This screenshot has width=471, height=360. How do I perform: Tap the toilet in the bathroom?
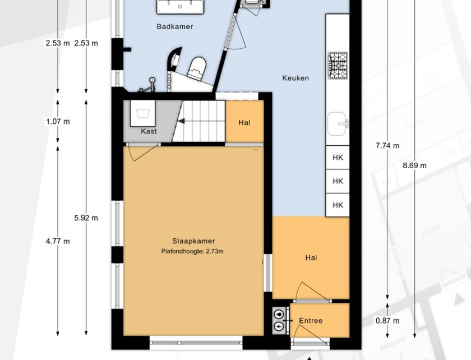[x=197, y=68]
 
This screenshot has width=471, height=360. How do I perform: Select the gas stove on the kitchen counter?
[x=338, y=66]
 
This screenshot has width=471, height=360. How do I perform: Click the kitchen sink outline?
[x=338, y=124]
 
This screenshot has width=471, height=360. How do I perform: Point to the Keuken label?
[x=295, y=78]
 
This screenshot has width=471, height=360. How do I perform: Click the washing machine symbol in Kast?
[x=142, y=113]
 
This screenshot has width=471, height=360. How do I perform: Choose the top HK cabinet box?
[x=338, y=158]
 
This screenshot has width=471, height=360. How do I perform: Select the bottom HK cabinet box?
[x=338, y=205]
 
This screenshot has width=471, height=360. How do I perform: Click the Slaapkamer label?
[x=193, y=241]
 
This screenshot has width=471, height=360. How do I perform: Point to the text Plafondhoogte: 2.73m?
[x=192, y=251]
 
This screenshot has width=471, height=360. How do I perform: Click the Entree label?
[x=311, y=321]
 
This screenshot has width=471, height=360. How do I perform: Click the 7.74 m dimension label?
[x=387, y=146]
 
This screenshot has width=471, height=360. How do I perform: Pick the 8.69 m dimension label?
[x=414, y=165]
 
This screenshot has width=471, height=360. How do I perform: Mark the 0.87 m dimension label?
[x=387, y=321]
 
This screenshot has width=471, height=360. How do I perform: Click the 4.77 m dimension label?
[x=58, y=241]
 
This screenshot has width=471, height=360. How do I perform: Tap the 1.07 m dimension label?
[x=58, y=122]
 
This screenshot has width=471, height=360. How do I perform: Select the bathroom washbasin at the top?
[x=181, y=7]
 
